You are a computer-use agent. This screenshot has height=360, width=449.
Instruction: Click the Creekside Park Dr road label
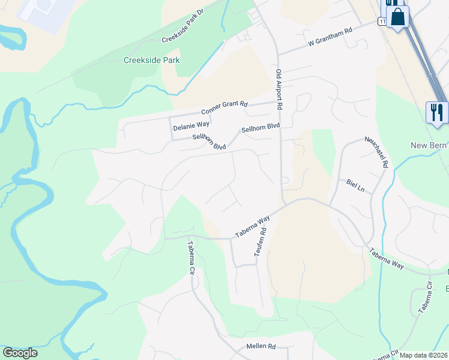[183, 27]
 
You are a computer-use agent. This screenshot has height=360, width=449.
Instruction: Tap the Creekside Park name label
[151, 60]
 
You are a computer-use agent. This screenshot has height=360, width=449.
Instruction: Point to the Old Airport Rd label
[279, 90]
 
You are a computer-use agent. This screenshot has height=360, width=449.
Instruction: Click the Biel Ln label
[356, 184]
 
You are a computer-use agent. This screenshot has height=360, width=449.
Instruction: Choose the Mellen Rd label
[261, 347]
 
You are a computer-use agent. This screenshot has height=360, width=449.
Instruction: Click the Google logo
[20, 353]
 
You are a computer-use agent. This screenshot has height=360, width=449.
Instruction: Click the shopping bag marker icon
[398, 16]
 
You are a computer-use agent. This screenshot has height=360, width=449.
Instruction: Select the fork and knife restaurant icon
[436, 112]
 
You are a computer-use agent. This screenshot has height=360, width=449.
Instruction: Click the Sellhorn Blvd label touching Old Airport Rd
[261, 127]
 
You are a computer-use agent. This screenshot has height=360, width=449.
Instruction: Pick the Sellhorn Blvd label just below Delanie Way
[209, 142]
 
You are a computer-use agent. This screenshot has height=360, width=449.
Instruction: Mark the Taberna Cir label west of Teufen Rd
[191, 258]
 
